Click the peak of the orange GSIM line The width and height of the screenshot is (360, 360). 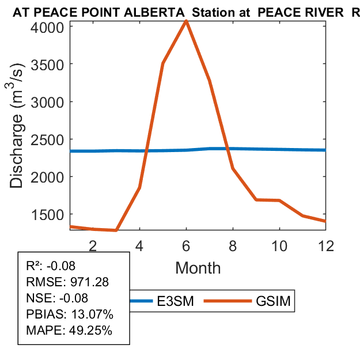tap(186, 21)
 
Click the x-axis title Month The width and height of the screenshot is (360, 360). tap(198, 267)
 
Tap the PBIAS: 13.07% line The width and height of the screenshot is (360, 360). tap(70, 314)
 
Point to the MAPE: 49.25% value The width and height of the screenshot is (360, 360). tap(69, 331)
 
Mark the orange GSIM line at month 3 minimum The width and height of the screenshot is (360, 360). tap(116, 230)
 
